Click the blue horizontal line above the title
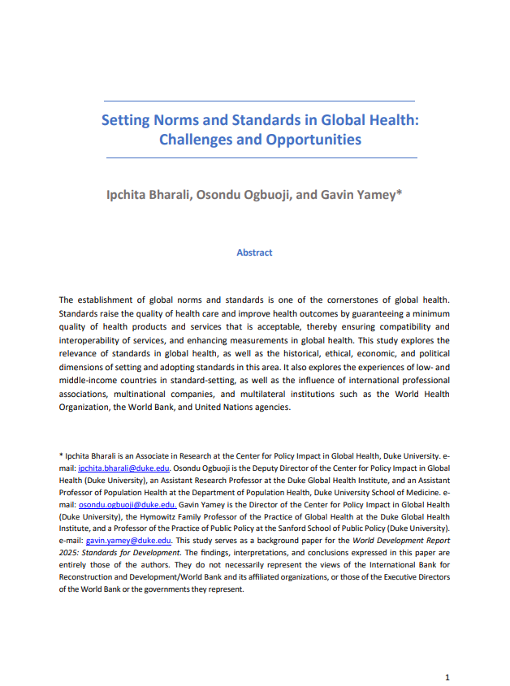(x=254, y=101)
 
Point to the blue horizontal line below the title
(x=254, y=157)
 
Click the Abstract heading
(x=254, y=252)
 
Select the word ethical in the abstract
(x=314, y=355)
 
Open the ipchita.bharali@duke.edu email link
(x=123, y=468)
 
